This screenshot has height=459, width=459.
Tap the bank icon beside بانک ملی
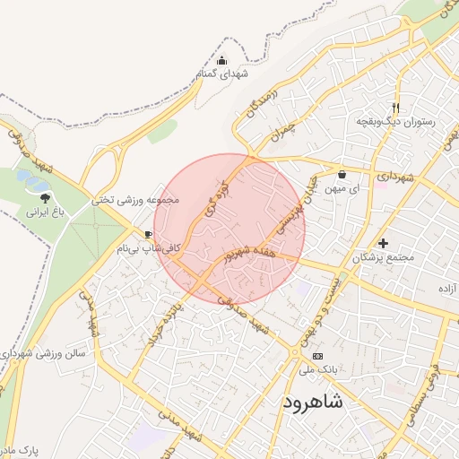(x=318, y=356)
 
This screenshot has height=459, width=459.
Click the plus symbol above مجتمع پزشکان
(x=384, y=243)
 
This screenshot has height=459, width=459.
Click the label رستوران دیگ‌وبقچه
(x=395, y=119)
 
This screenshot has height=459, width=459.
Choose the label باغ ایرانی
(x=46, y=213)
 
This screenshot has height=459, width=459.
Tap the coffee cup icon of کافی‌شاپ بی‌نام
(x=148, y=234)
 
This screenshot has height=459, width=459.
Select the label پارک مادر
(x=18, y=447)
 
